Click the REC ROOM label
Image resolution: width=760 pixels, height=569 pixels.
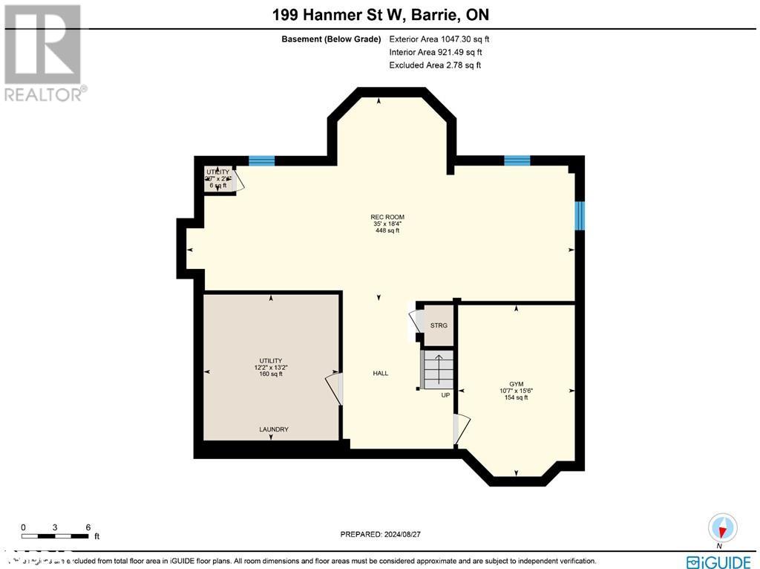(387, 217)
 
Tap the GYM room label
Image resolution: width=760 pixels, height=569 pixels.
(516, 384)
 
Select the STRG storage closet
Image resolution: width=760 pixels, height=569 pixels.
(439, 325)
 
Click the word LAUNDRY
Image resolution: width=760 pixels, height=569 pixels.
(273, 429)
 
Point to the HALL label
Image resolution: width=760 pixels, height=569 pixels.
(380, 374)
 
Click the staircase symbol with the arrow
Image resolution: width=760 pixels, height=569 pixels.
(438, 369)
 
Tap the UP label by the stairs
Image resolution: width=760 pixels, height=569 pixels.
(445, 395)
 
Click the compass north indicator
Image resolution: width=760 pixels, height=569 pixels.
(722, 528)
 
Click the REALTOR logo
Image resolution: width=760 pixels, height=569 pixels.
(45, 52)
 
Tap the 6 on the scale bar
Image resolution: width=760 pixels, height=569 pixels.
(88, 527)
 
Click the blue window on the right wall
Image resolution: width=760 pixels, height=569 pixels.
(580, 215)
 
